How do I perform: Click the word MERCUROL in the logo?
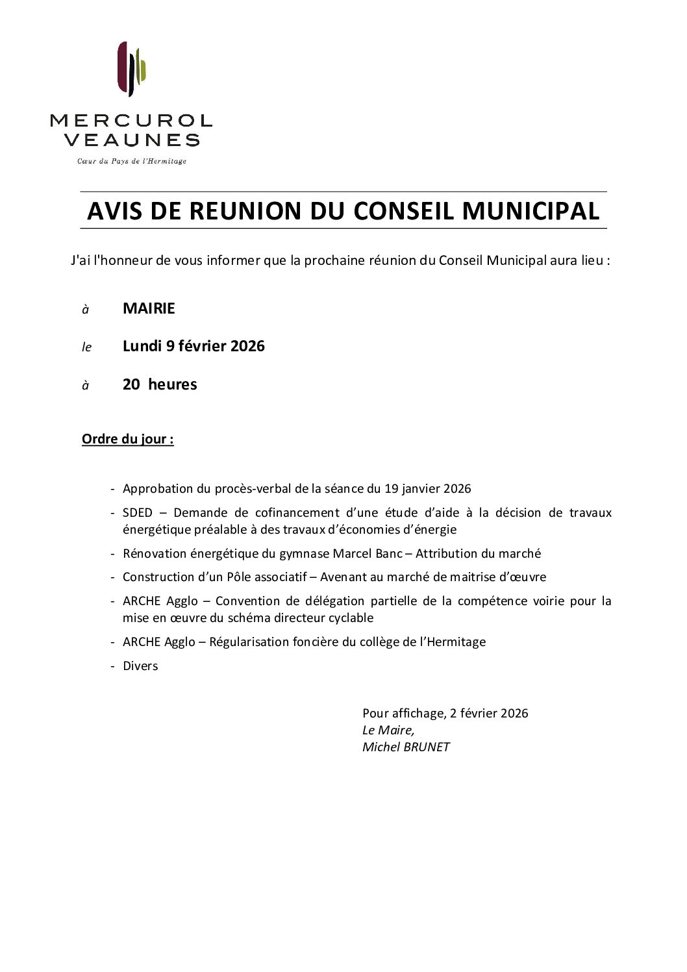[131, 120]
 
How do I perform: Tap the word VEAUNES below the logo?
[132, 140]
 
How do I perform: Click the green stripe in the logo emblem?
[142, 68]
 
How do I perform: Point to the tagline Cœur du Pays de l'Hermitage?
[132, 161]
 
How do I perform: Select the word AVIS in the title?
[115, 211]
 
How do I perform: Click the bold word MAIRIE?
[149, 308]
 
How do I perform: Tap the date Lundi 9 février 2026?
[194, 346]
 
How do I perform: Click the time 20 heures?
[160, 384]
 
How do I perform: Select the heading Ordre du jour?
[127, 439]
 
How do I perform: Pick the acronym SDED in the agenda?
[137, 513]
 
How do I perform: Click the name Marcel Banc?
[367, 554]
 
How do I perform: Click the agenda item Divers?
[140, 666]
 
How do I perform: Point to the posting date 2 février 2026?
[489, 714]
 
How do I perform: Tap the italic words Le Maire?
[388, 730]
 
